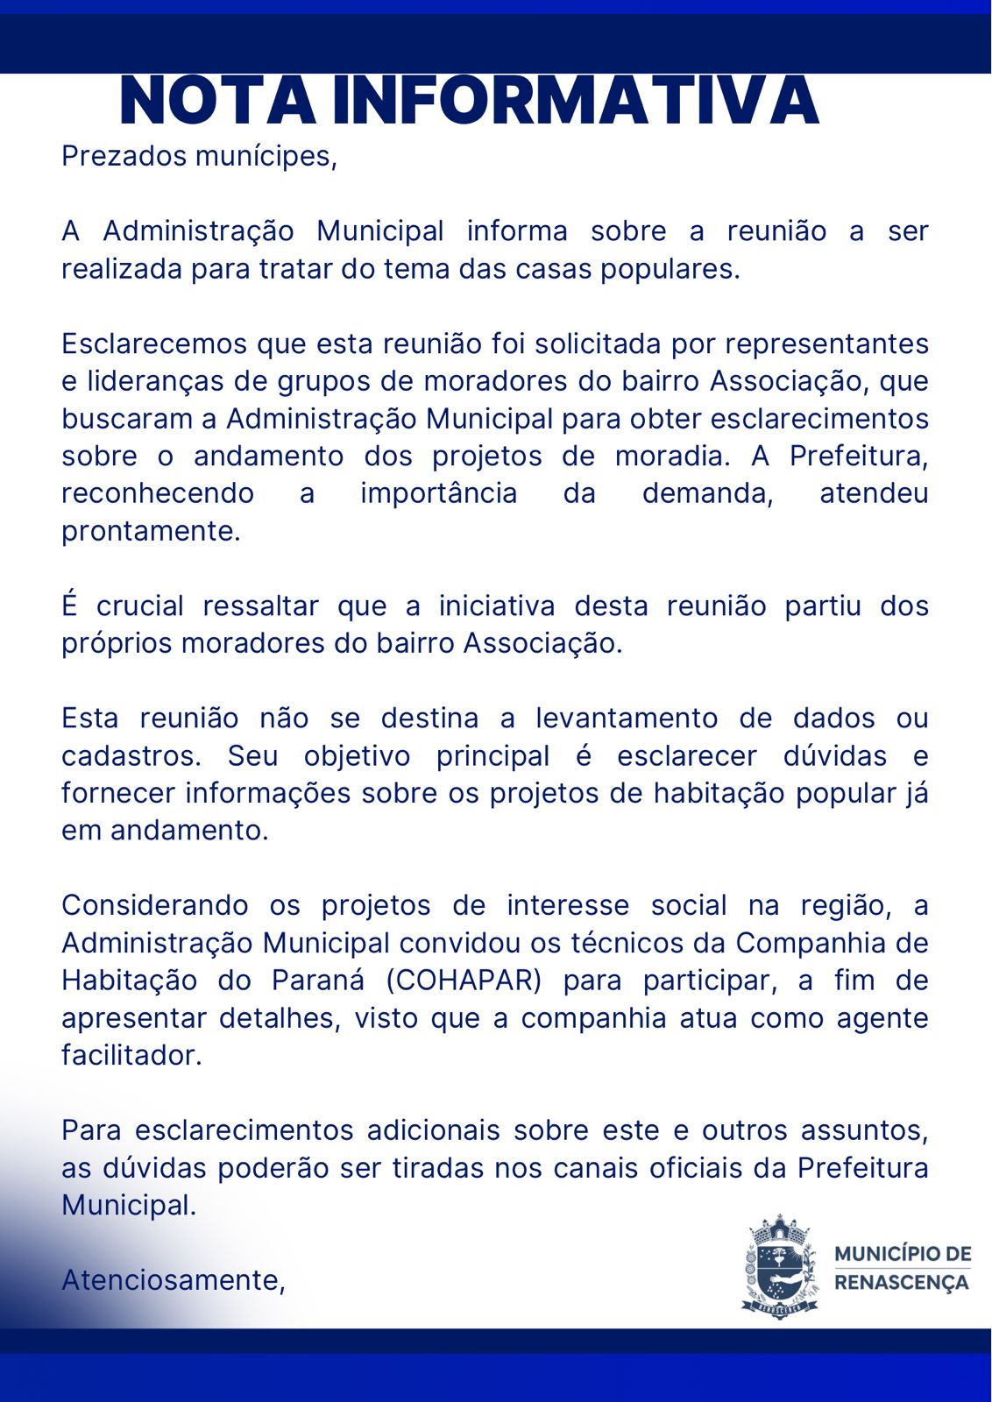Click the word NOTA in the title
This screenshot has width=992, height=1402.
(217, 101)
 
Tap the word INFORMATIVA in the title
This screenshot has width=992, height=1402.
(576, 101)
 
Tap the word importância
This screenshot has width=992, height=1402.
(438, 493)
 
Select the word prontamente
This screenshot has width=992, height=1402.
(151, 531)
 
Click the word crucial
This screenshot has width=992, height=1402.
(140, 605)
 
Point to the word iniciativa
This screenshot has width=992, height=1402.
(497, 605)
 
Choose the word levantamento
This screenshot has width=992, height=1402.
(627, 718)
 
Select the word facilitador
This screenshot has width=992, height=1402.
(131, 1055)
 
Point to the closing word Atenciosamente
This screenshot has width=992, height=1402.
(173, 1280)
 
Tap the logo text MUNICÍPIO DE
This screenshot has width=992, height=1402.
(903, 1254)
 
